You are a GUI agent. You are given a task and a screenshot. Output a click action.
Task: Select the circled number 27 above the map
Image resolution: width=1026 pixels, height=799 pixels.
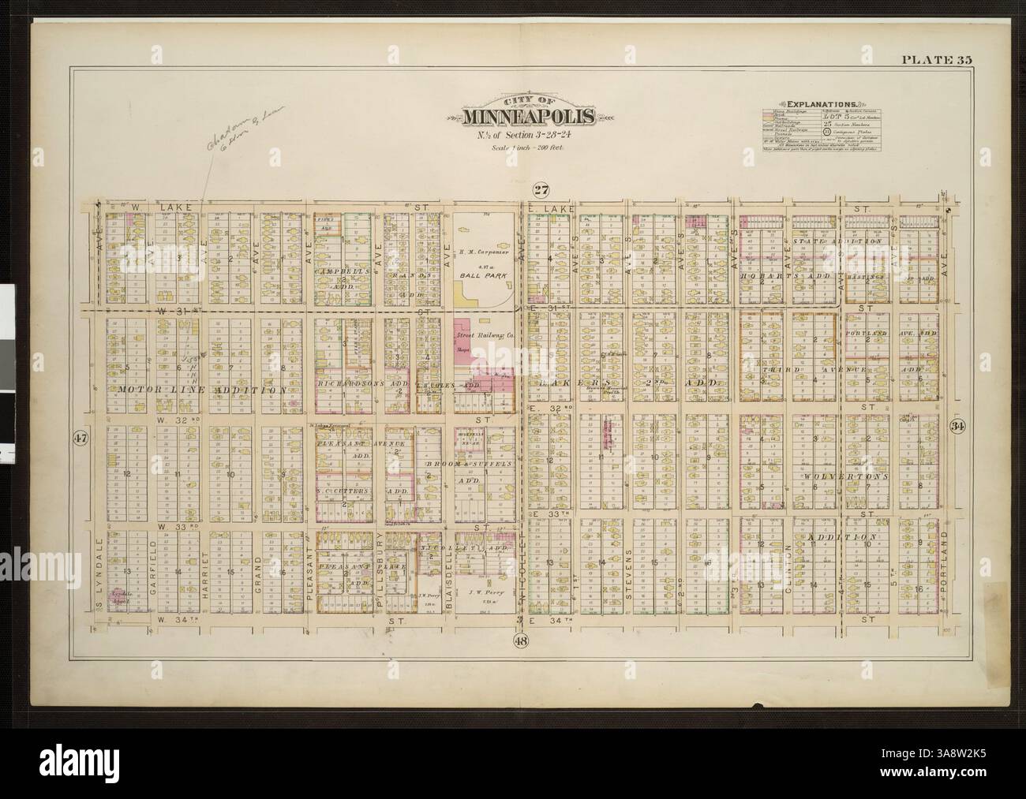(540, 188)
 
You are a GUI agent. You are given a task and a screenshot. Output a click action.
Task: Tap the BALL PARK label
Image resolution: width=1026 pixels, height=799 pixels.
(484, 278)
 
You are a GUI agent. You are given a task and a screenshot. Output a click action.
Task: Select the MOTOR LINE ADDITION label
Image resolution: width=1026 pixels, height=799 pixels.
(200, 390)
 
